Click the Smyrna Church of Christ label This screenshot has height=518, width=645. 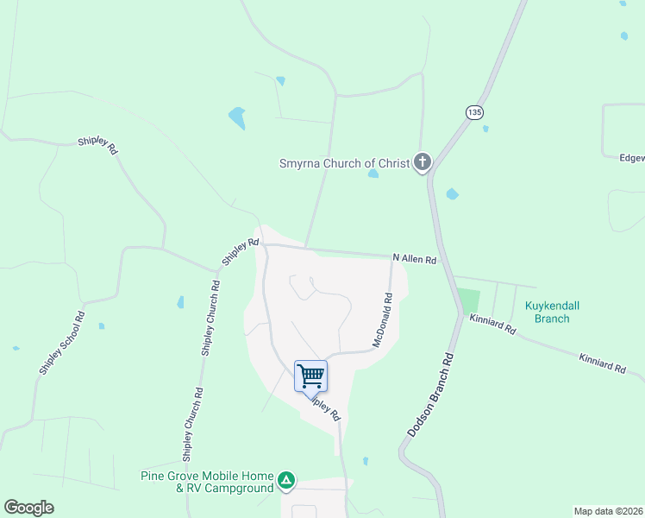[343, 162]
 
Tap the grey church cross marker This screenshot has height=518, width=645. [422, 161]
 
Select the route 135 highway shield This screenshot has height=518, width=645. [473, 112]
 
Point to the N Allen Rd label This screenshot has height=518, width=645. [415, 259]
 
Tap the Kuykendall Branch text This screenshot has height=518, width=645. [547, 312]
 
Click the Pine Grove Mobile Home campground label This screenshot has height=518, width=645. [207, 482]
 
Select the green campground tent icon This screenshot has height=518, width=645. [287, 480]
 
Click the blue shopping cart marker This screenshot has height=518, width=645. [310, 376]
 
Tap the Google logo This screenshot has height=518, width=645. [28, 508]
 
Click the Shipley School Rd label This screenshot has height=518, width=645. [61, 342]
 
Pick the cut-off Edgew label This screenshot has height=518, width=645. [631, 158]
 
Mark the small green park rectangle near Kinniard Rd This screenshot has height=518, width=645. [468, 301]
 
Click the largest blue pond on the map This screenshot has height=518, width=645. [236, 117]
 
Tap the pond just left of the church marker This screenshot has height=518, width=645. [373, 174]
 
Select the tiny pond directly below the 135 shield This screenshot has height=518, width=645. [485, 129]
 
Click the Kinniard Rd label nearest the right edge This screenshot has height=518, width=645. [602, 363]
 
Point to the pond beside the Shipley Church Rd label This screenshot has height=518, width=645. [180, 302]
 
